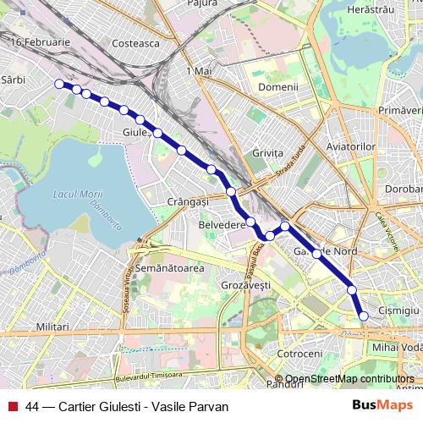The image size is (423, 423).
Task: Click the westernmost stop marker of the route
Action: coord(59,84)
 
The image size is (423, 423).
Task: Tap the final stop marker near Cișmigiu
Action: coord(365,316)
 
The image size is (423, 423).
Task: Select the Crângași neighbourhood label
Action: coord(188,201)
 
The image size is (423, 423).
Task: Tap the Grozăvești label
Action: coord(246,286)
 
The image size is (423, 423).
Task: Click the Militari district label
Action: coord(52,326)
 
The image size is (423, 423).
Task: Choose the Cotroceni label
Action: coord(301,353)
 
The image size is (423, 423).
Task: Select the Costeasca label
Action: coord(135,42)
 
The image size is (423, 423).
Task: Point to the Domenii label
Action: coord(278,87)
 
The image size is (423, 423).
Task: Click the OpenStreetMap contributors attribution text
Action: coord(349,379)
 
